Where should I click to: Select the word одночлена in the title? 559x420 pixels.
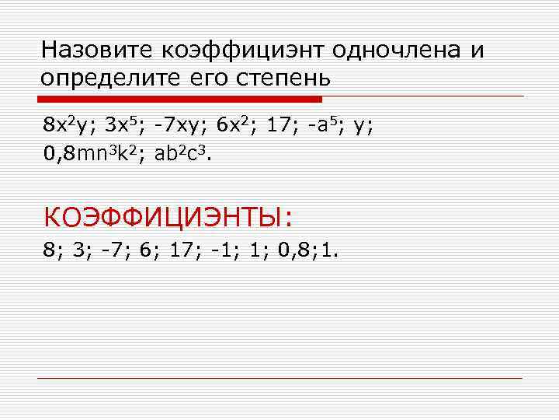398,51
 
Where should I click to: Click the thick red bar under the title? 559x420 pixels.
180,100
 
